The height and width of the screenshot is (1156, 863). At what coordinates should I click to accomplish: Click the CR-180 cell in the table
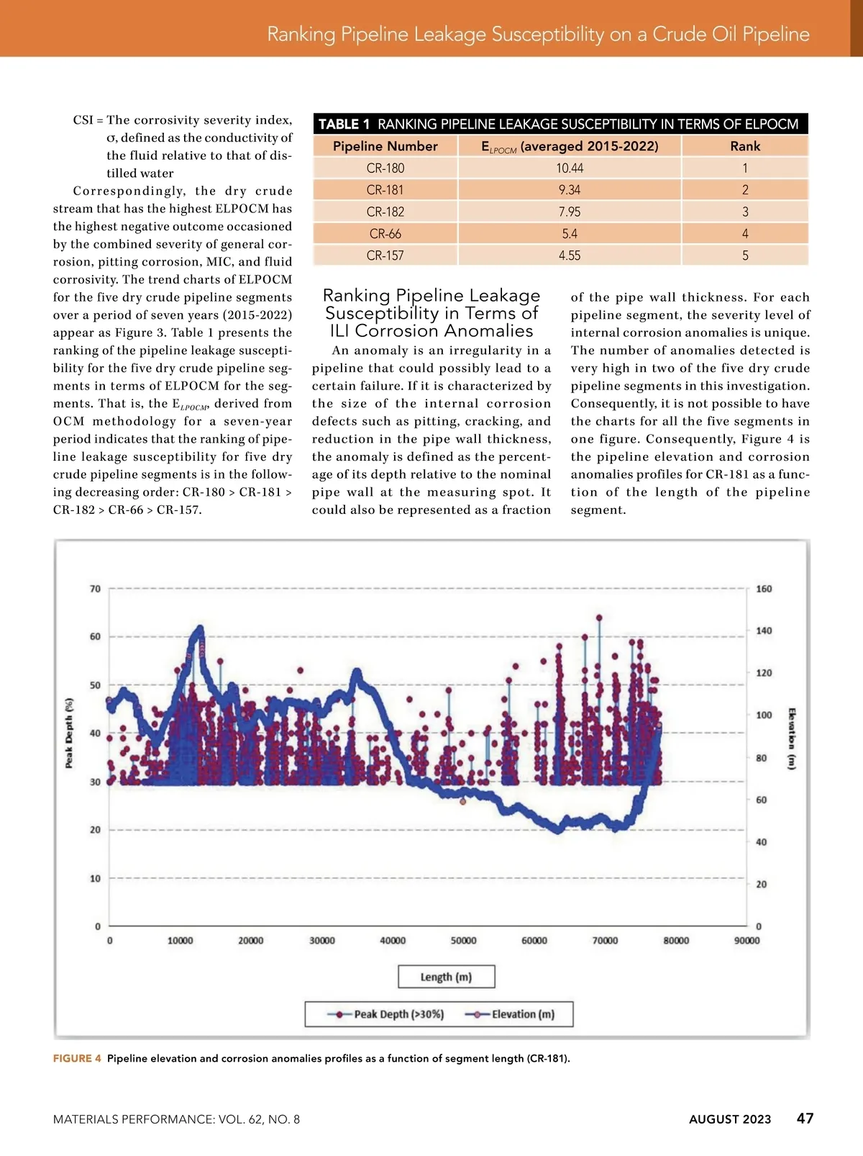[385, 168]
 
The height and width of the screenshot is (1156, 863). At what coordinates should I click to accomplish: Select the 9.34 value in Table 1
[570, 190]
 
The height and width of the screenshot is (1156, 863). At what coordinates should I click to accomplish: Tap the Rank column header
[745, 146]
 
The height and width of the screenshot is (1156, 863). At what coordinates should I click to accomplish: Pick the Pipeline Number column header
[385, 146]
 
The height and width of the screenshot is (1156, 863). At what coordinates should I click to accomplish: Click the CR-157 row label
[385, 256]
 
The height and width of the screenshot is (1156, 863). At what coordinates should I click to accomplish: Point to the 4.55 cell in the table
[570, 256]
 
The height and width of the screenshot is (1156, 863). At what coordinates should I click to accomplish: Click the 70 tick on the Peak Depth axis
[95, 589]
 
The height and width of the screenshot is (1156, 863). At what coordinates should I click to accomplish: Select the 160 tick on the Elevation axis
[764, 589]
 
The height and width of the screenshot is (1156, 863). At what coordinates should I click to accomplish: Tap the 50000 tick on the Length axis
[463, 941]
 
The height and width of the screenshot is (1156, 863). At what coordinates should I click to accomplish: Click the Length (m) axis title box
[446, 977]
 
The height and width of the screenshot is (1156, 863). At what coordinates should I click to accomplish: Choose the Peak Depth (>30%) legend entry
[388, 1014]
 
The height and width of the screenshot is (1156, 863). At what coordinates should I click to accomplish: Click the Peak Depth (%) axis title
[70, 733]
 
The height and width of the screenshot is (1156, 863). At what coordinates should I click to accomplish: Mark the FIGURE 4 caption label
[77, 1058]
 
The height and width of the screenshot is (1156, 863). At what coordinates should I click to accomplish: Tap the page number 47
[805, 1118]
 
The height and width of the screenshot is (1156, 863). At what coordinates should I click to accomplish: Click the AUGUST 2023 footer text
[729, 1119]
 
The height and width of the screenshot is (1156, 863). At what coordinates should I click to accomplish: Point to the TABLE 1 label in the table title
[344, 125]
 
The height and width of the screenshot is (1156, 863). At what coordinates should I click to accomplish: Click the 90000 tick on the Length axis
[746, 941]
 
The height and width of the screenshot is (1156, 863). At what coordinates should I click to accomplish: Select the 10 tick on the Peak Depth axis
[95, 878]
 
